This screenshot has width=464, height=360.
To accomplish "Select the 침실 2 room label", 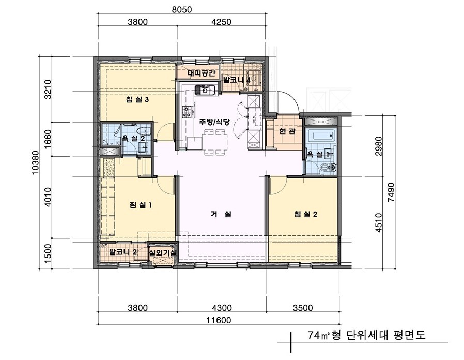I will click(305, 215).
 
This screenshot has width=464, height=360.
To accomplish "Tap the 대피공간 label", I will click(198, 73).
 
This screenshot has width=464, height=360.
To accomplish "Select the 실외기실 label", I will click(163, 253).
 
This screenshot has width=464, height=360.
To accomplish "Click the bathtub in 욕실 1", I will click(321, 137).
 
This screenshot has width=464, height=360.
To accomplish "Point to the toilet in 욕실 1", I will click(327, 167).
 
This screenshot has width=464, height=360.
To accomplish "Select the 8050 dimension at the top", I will click(182, 9).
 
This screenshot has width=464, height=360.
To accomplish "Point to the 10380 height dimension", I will click(36, 161).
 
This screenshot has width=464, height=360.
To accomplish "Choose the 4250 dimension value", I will click(221, 22).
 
